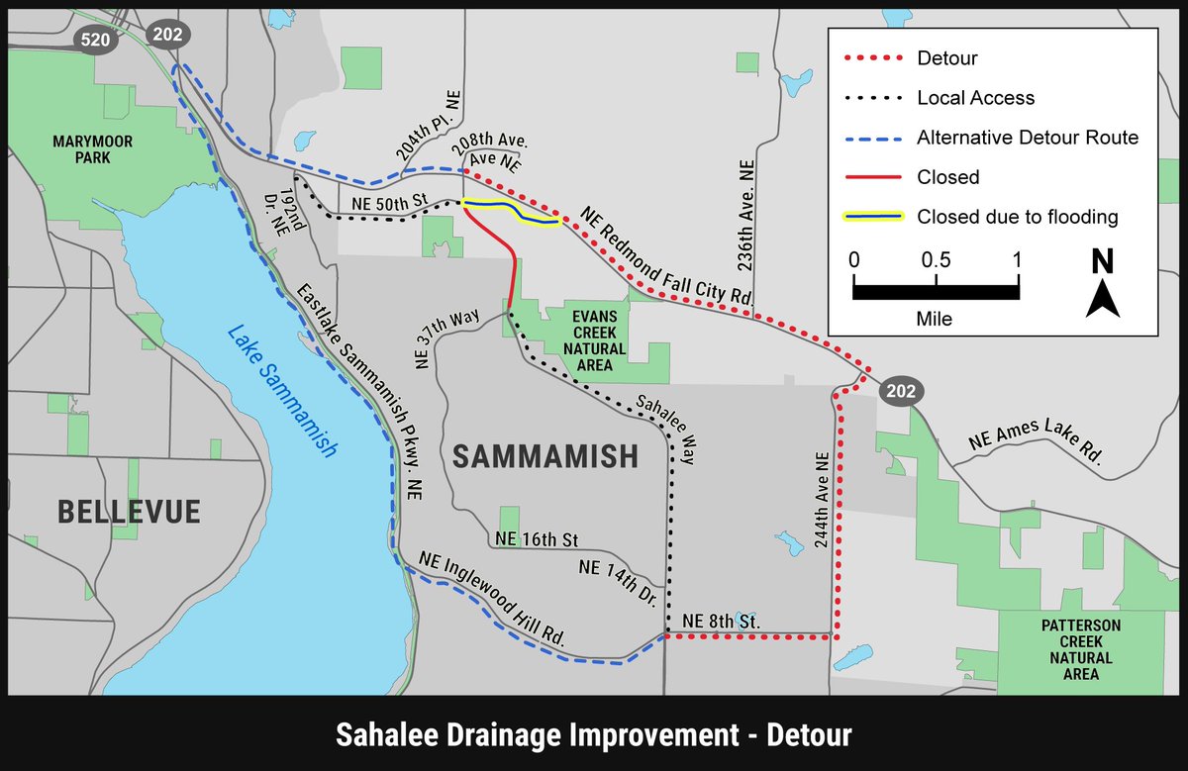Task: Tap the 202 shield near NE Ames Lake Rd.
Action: (900, 392)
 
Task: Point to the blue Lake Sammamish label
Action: (281, 391)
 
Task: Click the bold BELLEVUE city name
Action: (129, 512)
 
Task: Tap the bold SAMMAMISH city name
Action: (545, 456)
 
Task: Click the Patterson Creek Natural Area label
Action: (1080, 649)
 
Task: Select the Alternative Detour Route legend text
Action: (1028, 138)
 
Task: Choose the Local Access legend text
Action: (975, 98)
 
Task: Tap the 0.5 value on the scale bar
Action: (936, 260)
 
